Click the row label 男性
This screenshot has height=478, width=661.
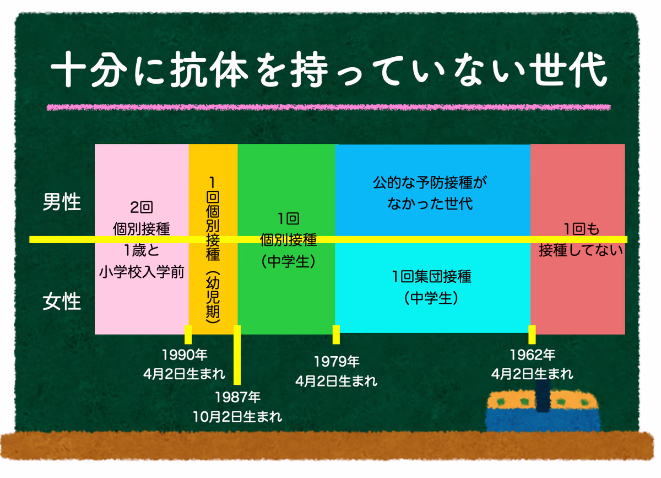62,202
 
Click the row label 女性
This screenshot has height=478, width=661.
62,302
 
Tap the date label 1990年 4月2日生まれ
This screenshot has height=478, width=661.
185,364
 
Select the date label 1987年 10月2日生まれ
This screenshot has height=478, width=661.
237,407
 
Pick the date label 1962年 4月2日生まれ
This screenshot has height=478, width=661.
532,364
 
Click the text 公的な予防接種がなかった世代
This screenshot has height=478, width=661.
430,193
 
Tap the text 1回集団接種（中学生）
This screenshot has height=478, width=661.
431,287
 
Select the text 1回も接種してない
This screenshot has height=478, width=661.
581,239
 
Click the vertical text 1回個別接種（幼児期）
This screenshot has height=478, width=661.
213,250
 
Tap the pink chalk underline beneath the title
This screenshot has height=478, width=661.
328,108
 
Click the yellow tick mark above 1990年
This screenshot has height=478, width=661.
188,335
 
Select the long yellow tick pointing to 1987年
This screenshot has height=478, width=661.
237,355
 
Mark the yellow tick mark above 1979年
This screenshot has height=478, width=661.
336,335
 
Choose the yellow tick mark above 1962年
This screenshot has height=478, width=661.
532,335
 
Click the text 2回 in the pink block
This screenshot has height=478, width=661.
142,207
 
